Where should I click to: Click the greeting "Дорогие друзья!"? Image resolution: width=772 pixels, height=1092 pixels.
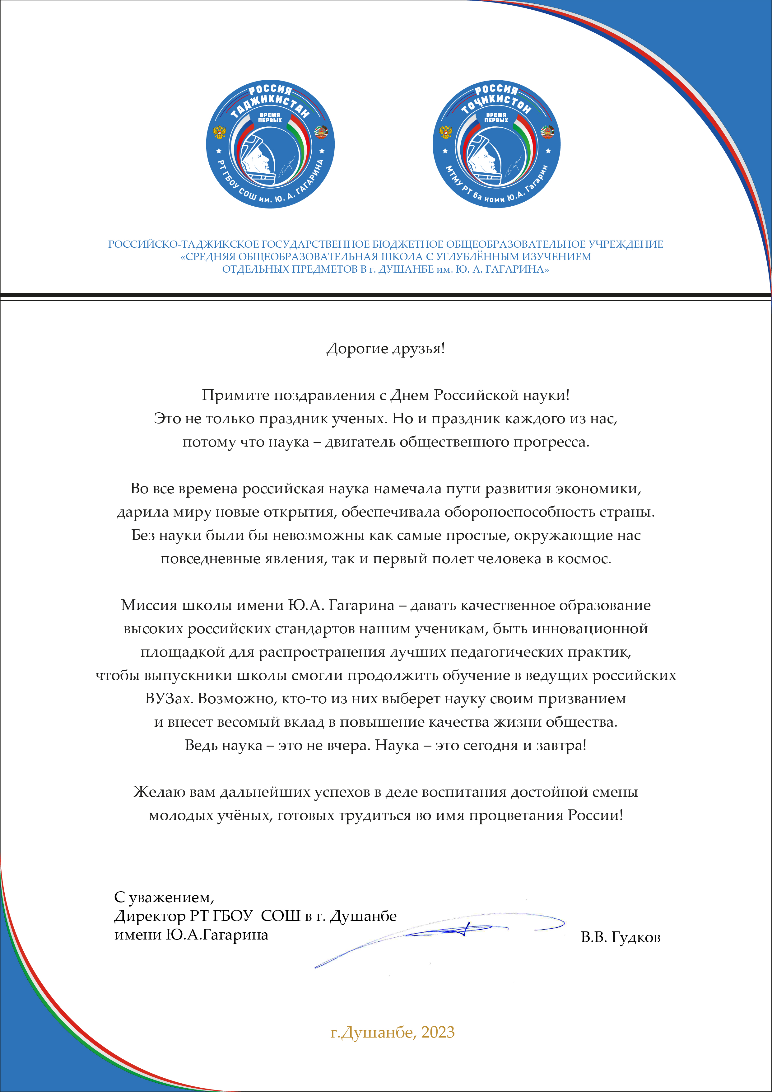point(385,349)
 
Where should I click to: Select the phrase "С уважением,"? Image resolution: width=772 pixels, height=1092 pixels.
point(164,898)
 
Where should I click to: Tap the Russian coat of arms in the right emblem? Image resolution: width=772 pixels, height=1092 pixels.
point(446,132)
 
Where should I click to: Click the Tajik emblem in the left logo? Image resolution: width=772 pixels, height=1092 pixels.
point(321,132)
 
